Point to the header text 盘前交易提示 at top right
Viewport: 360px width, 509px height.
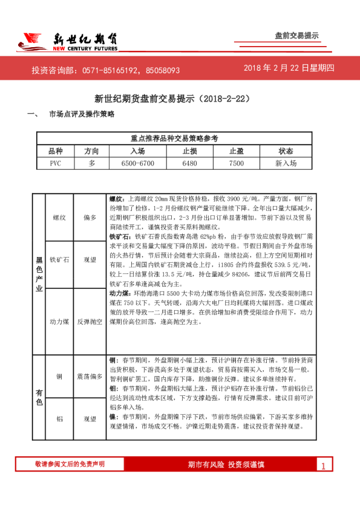297,36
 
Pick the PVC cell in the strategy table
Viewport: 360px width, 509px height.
55,163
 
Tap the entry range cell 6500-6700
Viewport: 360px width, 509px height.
137,163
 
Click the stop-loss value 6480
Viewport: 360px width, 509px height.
189,163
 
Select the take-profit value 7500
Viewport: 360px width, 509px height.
237,163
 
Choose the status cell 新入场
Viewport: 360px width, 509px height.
286,163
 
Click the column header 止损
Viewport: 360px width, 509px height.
189,151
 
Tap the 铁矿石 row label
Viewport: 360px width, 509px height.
59,259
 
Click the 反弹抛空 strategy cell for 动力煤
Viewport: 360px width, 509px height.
90,322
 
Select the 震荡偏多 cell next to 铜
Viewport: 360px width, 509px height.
90,376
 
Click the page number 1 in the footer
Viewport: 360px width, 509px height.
324,465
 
